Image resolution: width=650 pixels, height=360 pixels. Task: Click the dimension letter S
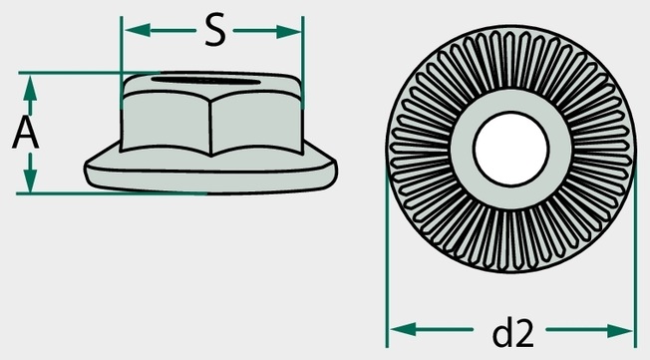[x=215, y=30]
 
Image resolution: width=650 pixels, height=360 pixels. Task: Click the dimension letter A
[x=26, y=132]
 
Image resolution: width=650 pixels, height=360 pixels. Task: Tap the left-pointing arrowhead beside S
[x=138, y=30]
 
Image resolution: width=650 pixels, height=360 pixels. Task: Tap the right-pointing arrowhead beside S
[x=289, y=31]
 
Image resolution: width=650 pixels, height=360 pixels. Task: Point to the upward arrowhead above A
[x=30, y=89]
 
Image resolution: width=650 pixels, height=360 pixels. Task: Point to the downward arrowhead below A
[x=30, y=180]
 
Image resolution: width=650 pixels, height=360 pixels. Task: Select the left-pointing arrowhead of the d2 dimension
[x=403, y=330]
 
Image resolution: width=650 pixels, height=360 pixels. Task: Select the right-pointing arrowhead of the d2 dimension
[x=619, y=330]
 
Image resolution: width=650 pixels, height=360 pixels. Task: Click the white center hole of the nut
[x=510, y=149]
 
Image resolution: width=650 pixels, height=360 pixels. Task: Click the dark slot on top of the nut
[x=206, y=80]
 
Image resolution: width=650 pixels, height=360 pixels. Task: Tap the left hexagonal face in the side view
[x=165, y=123]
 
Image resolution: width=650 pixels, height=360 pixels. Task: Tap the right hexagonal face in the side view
[x=257, y=123]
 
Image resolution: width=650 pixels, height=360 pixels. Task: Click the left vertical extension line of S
[x=121, y=62]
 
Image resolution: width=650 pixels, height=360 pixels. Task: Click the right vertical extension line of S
[x=303, y=62]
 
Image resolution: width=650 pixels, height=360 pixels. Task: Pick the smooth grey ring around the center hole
[x=510, y=100]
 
